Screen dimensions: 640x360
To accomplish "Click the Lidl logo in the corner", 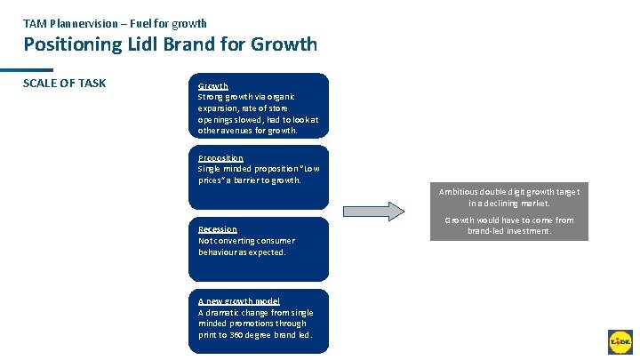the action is coord(619,341).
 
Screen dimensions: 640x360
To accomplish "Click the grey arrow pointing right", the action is coord(374,212).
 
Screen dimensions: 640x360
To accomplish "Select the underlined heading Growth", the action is coord(212,86).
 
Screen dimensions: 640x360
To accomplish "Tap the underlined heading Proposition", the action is coord(220,158).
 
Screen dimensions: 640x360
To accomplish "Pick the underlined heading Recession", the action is coord(217,229).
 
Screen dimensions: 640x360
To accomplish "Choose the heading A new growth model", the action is coord(238,301).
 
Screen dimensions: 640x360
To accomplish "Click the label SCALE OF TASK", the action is coord(64,84).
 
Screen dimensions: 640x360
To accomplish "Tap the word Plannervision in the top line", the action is coord(87,23).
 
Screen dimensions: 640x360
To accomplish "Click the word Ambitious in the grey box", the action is coord(458,192).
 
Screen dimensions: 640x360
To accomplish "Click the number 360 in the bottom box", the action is coord(236,335).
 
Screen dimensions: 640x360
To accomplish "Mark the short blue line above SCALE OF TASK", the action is coord(26,70).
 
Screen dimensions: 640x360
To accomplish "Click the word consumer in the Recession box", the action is coord(275,241).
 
